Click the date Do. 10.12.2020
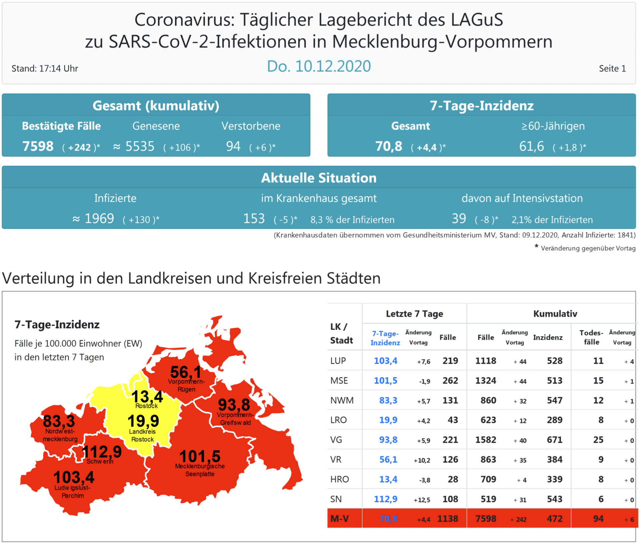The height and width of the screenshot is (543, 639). tap(319, 66)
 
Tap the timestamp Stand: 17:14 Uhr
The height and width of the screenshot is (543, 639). tap(45, 69)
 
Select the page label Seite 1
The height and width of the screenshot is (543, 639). tap(612, 69)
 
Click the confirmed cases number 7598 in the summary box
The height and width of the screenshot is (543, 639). tap(38, 146)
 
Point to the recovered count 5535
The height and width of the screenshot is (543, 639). tap(140, 146)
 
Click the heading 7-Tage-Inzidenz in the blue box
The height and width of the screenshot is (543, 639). tap(481, 105)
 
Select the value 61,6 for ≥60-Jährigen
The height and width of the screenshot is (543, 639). tap(532, 146)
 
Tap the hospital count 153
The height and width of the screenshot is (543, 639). tap(254, 219)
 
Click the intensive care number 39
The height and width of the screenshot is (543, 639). tap(459, 219)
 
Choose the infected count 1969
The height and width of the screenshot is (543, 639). tap(99, 219)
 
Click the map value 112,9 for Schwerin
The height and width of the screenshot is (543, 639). tap(102, 452)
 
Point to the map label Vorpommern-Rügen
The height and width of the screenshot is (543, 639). tap(186, 385)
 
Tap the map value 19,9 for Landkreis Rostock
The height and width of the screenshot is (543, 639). tap(143, 421)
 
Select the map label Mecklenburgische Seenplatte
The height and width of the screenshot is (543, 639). tap(200, 470)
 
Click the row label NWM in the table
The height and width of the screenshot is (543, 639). tap(342, 400)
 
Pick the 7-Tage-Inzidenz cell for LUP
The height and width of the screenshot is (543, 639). tap(385, 361)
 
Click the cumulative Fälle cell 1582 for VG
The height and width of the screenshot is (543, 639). tap(486, 440)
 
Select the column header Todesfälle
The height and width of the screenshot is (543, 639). tap(591, 337)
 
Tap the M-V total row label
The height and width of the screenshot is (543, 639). tap(339, 519)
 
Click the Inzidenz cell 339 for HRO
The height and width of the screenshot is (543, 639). tap(554, 479)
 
